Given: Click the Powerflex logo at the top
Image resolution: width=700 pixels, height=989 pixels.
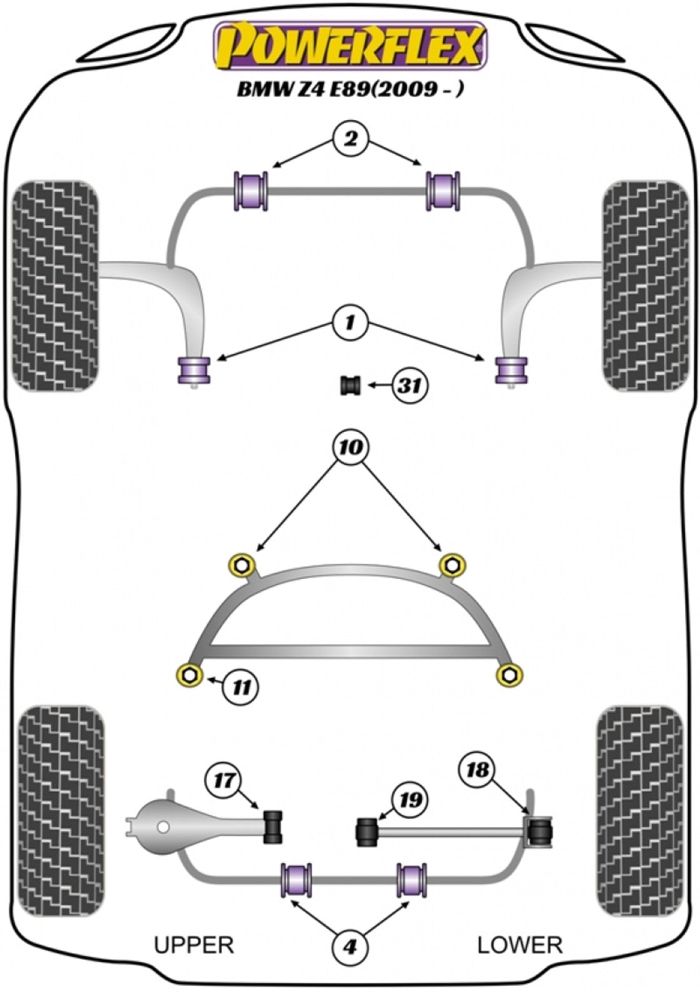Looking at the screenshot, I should tap(350, 45).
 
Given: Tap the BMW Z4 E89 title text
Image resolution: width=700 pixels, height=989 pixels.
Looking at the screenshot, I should tap(350, 90).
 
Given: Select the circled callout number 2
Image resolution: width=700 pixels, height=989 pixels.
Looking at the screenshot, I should tap(350, 138).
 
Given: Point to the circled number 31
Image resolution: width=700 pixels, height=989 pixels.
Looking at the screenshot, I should tap(410, 386).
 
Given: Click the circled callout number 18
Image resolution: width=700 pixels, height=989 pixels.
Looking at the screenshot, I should tap(478, 769).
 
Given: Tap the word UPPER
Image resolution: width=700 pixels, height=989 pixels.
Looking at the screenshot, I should tap(194, 944).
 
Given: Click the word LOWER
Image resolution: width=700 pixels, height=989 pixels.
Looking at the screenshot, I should tap(520, 944).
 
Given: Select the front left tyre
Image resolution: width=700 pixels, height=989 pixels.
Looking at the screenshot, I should tap(56, 286).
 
